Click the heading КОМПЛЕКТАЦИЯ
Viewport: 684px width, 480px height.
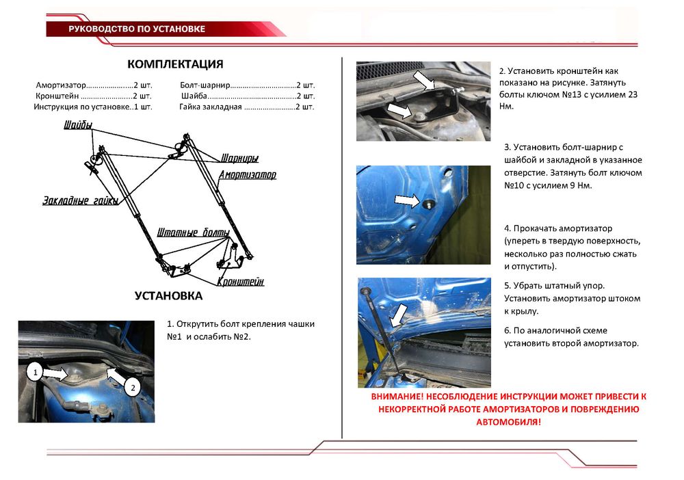point(175,65)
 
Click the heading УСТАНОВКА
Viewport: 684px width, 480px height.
point(168,296)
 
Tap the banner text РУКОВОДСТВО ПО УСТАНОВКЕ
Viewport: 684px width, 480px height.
point(137,29)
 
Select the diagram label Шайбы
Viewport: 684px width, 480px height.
point(76,126)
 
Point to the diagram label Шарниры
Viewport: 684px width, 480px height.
point(239,159)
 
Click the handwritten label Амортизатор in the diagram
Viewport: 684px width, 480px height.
point(248,175)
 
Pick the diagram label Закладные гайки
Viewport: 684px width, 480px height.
point(80,200)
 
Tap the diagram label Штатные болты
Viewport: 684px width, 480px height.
point(194,232)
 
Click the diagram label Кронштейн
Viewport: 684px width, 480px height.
point(241,282)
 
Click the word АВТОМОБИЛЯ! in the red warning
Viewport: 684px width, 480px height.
point(508,422)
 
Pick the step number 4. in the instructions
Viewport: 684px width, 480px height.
point(508,228)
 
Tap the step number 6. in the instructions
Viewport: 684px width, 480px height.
point(508,330)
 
